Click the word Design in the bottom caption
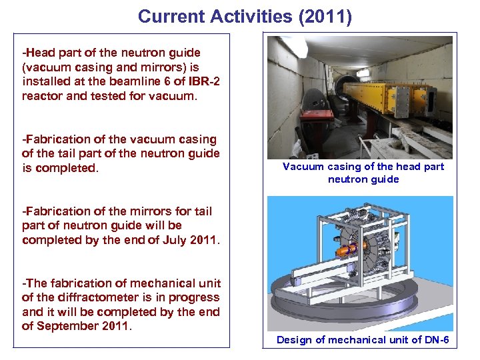pyautogui.click(x=294, y=340)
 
